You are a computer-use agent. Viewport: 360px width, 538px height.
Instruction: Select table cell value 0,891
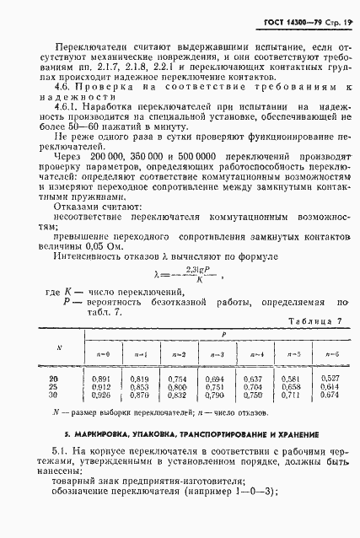click(x=123, y=379)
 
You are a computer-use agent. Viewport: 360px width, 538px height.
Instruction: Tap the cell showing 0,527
click(x=330, y=379)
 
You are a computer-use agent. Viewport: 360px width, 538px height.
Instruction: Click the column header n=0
click(x=123, y=354)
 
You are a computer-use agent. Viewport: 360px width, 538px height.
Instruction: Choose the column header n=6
click(x=330, y=354)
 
